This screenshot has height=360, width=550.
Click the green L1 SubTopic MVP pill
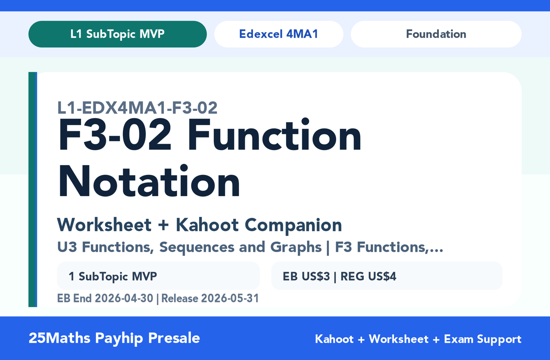pyautogui.click(x=117, y=34)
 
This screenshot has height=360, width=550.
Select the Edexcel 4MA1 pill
pyautogui.click(x=279, y=34)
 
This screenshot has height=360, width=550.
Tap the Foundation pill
pyautogui.click(x=436, y=34)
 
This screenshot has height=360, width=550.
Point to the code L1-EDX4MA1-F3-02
pyautogui.click(x=137, y=108)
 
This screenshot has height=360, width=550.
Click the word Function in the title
pyautogui.click(x=275, y=135)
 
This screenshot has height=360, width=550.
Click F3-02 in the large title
pyautogui.click(x=114, y=135)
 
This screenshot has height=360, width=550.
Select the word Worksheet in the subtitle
pyautogui.click(x=104, y=225)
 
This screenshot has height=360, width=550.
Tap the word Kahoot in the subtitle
pyautogui.click(x=207, y=225)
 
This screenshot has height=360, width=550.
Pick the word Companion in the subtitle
pyautogui.click(x=293, y=225)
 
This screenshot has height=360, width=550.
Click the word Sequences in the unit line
pyautogui.click(x=197, y=247)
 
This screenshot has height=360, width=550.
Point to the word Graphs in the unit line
pyautogui.click(x=296, y=247)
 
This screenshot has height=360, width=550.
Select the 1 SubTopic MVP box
pyautogui.click(x=158, y=276)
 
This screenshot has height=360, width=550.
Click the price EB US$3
pyautogui.click(x=306, y=276)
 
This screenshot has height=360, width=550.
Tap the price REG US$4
pyautogui.click(x=368, y=276)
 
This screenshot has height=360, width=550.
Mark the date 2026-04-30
pyautogui.click(x=124, y=298)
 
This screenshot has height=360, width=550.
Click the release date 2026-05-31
pyautogui.click(x=230, y=298)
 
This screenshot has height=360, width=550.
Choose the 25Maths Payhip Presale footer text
pyautogui.click(x=114, y=338)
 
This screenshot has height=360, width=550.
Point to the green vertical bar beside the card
pyautogui.click(x=32, y=189)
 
